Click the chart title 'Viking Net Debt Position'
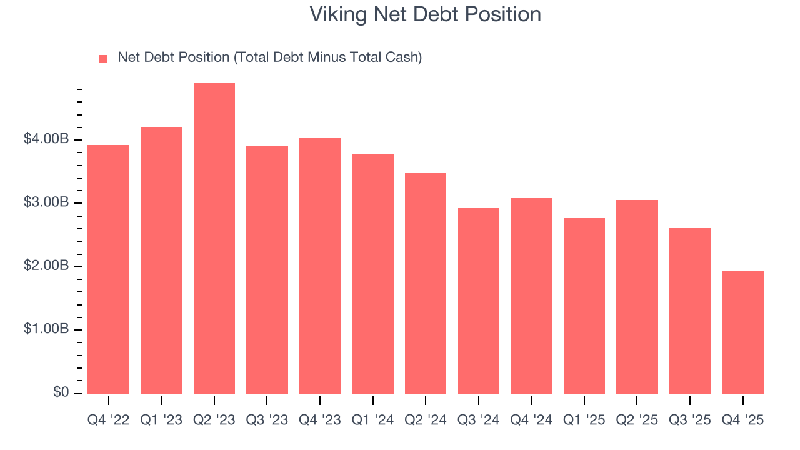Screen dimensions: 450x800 click(x=426, y=14)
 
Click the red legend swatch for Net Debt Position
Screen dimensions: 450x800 click(x=104, y=59)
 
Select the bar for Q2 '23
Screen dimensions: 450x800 click(x=214, y=238)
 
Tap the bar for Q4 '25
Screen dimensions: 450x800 click(x=742, y=332)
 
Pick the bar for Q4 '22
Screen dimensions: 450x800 click(x=109, y=269)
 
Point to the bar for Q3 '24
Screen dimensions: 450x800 click(x=479, y=301)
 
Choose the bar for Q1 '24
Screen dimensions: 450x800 click(x=373, y=274)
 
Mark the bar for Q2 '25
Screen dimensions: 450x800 click(x=637, y=297)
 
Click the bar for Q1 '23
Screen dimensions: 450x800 click(x=161, y=260)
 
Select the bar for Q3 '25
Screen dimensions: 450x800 click(x=690, y=311)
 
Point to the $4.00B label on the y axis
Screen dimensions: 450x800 click(x=46, y=139)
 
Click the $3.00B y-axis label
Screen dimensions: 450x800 click(x=46, y=203)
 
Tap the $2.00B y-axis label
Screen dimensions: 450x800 click(x=46, y=267)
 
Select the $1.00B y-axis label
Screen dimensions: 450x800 click(x=46, y=330)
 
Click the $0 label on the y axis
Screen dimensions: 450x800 click(x=60, y=392)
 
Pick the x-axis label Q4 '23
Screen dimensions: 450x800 click(x=320, y=420)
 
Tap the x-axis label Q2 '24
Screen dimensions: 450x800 click(x=426, y=420)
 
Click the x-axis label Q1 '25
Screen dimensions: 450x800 click(x=584, y=420)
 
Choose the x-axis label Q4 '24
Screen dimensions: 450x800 click(x=531, y=420)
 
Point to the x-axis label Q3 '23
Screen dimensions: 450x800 click(x=267, y=420)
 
